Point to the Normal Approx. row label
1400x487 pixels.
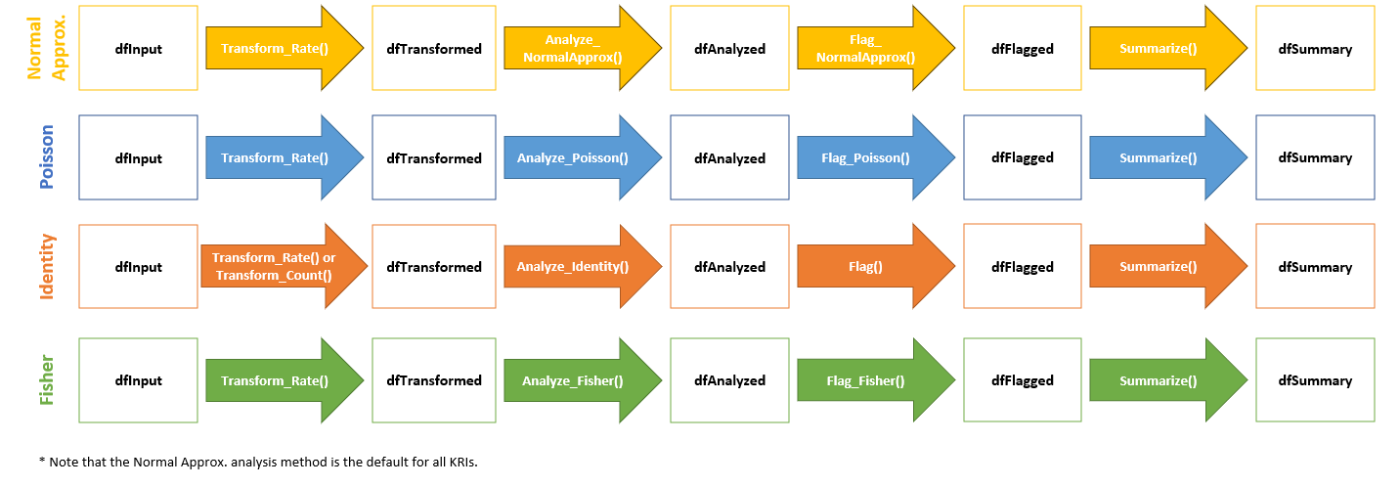click(46, 48)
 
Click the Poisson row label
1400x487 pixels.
click(46, 156)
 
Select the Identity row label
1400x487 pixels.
click(46, 266)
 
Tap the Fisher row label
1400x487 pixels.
click(46, 380)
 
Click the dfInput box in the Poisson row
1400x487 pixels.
click(138, 157)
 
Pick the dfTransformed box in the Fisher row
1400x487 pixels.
click(434, 380)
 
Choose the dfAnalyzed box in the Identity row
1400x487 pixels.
click(729, 266)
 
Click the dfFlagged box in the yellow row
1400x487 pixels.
click(1023, 48)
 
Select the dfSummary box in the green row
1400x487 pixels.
click(1315, 380)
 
